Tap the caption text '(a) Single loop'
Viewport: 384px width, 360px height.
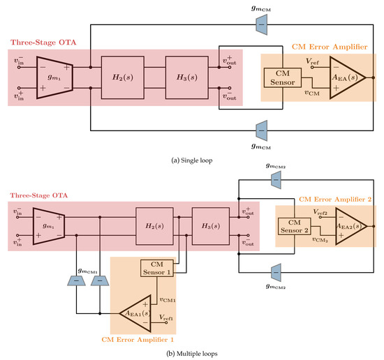[191, 160]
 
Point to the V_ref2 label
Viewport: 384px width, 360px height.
[323, 210]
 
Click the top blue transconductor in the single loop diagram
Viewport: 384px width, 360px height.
[261, 24]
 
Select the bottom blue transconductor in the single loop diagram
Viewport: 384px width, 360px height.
[261, 129]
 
